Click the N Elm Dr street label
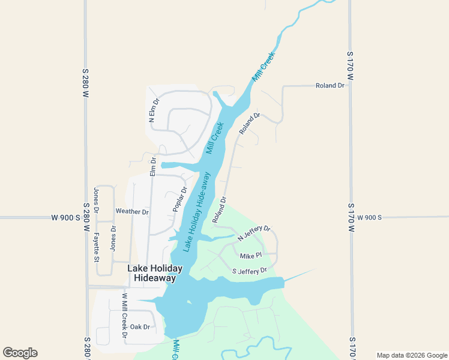153,110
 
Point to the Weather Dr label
132,212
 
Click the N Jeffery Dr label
255,233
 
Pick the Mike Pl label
252,256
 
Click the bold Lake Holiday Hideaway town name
155,273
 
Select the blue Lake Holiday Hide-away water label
197,212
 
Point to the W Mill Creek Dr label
124,315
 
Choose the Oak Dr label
140,327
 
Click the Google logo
20,353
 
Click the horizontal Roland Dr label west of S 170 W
330,86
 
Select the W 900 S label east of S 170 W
370,217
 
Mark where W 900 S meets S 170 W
351,217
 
